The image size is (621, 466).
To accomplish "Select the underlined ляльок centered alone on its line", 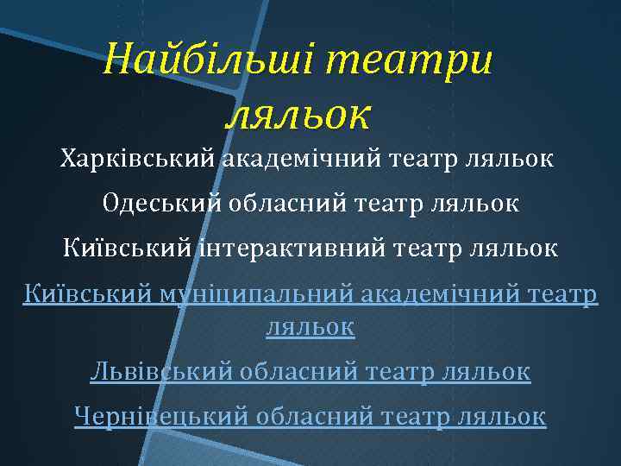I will pyautogui.click(x=310, y=326).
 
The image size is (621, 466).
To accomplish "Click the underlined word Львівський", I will pyautogui.click(x=161, y=372).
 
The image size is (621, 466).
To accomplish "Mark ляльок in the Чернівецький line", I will pyautogui.click(x=503, y=417).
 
